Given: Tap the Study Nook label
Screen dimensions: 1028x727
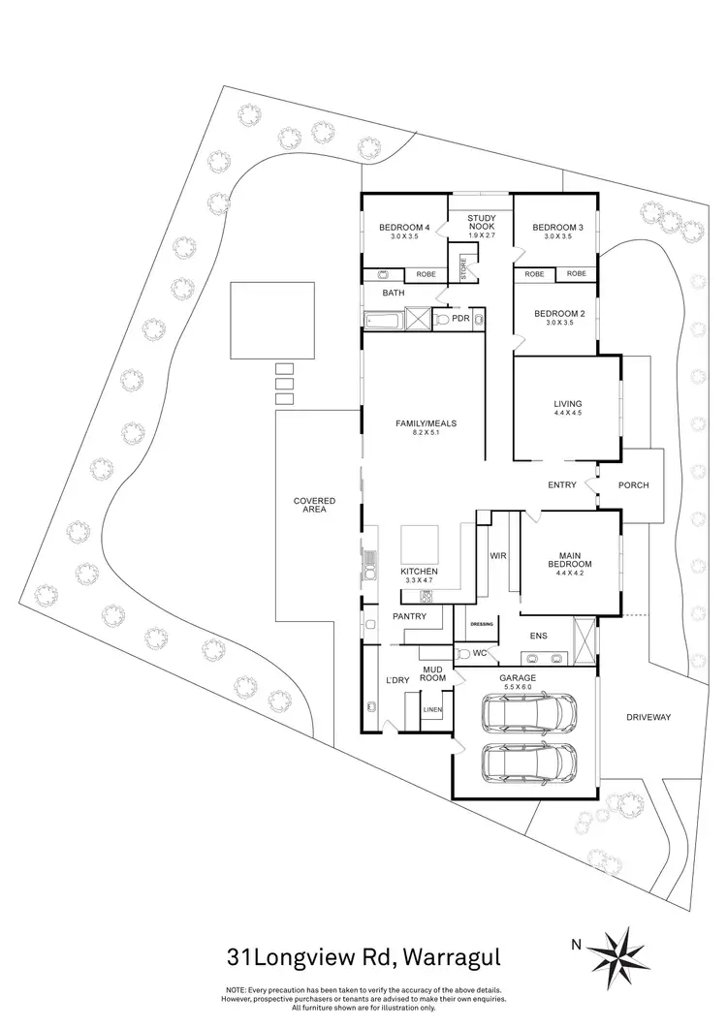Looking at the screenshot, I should click(x=482, y=222).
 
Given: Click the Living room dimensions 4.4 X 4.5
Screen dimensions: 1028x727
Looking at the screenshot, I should click(x=566, y=414).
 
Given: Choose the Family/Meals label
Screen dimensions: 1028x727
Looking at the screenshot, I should click(x=426, y=423).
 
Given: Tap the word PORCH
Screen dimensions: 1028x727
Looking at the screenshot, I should click(x=632, y=485).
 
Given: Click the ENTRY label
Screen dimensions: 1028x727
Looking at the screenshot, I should click(x=562, y=485).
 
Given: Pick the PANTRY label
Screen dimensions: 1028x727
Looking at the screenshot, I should click(x=410, y=616).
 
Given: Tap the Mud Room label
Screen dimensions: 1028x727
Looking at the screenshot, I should click(x=433, y=672).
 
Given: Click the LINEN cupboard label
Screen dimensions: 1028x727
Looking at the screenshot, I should click(x=432, y=710).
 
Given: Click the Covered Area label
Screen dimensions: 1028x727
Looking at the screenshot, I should click(x=314, y=505).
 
